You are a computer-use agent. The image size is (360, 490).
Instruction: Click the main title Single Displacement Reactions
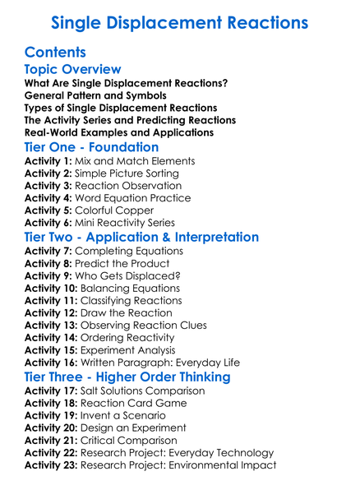pyautogui.click(x=180, y=22)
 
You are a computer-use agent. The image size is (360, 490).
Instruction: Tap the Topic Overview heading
pyautogui.click(x=73, y=70)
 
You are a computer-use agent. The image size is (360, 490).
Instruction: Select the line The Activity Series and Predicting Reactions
pyautogui.click(x=130, y=120)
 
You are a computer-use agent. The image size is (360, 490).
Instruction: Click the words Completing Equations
pyautogui.click(x=130, y=251)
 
